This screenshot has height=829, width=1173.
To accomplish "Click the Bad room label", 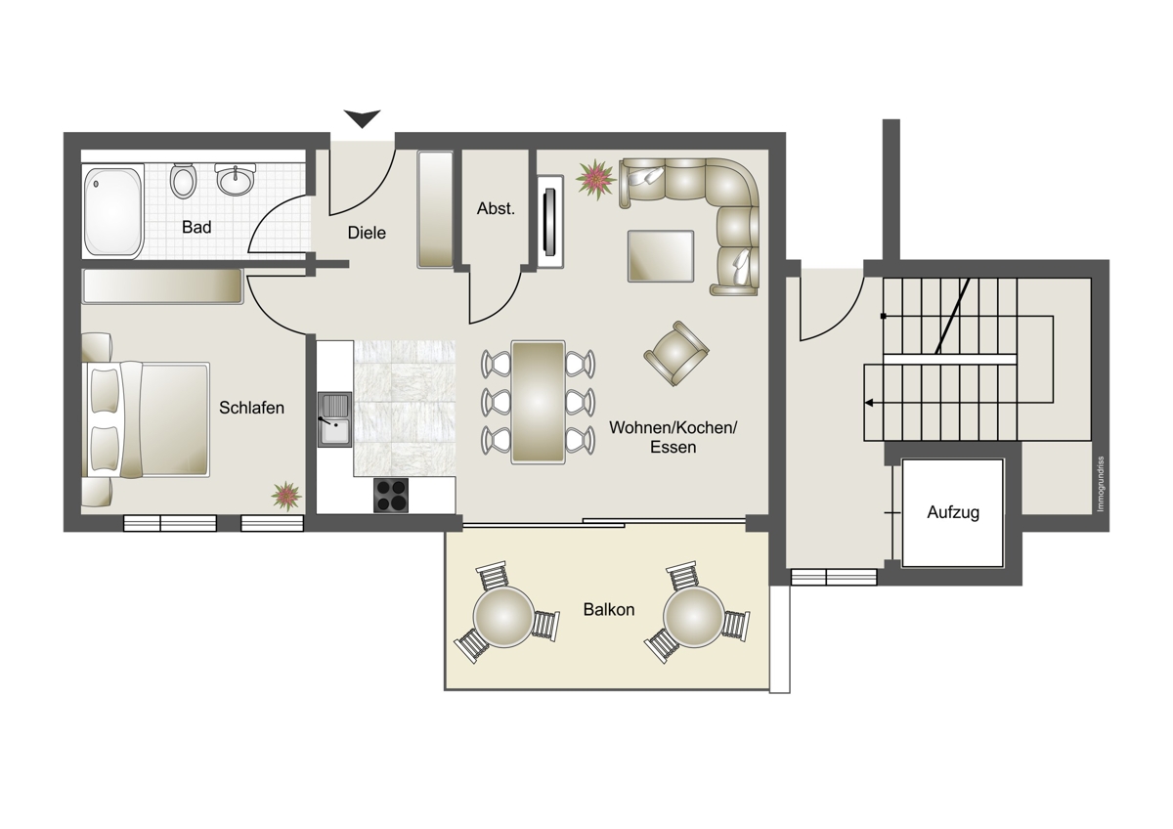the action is pos(196,227).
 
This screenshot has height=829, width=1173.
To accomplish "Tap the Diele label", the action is pos(367,233).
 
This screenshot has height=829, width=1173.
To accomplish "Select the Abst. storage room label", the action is pos(496,208).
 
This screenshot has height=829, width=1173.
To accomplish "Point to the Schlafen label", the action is pos(251,408).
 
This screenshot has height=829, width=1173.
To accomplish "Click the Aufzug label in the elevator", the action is pos(953,512).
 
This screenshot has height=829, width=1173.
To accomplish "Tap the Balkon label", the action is pos(608,610).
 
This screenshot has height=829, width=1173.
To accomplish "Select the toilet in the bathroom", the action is pos(184,181).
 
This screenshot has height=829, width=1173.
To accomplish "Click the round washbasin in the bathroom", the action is pos(236,179).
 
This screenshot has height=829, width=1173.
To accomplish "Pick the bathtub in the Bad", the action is pos(113,211).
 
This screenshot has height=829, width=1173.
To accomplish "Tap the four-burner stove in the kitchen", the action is pos(391,495).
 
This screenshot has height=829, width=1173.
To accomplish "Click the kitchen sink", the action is pos(334,419).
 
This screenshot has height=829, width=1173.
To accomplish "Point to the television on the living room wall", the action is pos(550,222).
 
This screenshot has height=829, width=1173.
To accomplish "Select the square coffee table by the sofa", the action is pos(661,256).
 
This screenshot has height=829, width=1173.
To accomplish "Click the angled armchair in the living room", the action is pos(676,354).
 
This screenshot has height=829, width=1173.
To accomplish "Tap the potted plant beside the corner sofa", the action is pos(595,180).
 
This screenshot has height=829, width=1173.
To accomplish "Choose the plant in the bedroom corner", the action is pos(286,496).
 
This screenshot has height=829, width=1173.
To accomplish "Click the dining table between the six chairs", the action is pos(539,402).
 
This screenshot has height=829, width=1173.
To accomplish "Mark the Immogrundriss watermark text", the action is pos(1101,485).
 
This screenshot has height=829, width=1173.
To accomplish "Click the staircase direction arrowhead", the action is pos(868,403).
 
